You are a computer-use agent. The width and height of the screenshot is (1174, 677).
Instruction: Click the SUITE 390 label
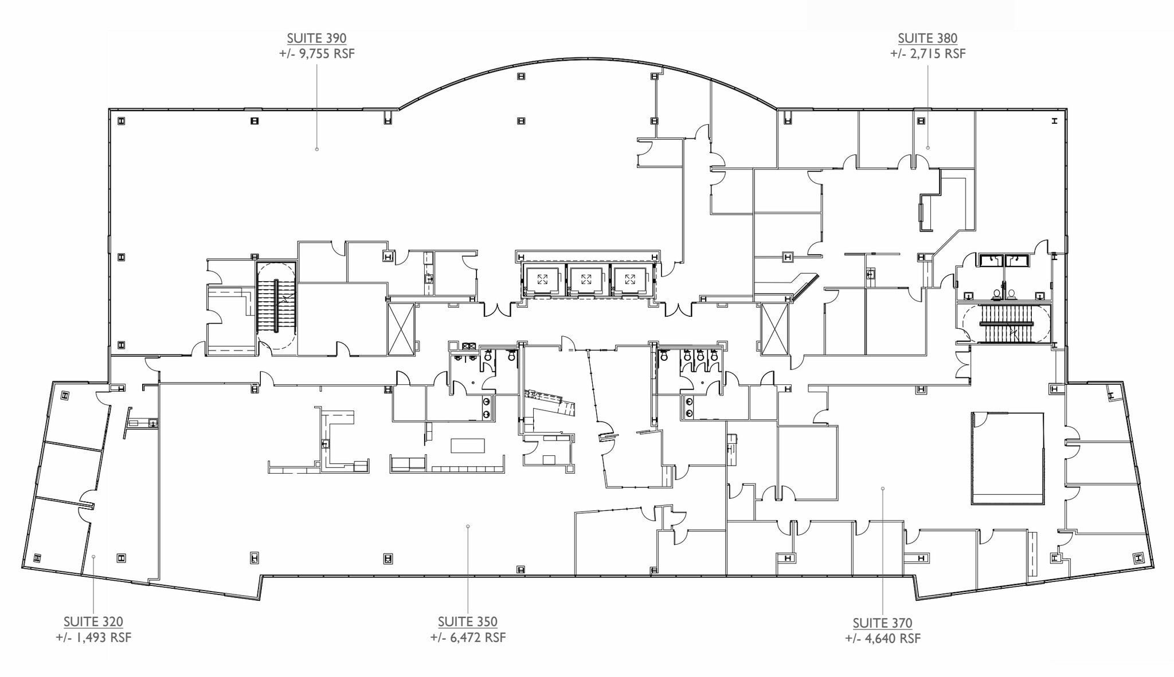click(x=316, y=38)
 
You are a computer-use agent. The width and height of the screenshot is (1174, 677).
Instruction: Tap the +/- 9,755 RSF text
click(x=316, y=54)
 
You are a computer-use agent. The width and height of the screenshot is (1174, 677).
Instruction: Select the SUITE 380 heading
click(x=927, y=38)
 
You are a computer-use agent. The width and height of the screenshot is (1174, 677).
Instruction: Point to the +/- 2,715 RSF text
click(x=927, y=54)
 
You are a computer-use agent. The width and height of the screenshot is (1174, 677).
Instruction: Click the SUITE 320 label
click(x=93, y=621)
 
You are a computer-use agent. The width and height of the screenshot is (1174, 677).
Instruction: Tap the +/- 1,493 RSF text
click(x=93, y=637)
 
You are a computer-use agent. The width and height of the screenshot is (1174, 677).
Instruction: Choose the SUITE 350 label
click(x=467, y=621)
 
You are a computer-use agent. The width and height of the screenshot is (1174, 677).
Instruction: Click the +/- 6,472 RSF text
click(x=467, y=637)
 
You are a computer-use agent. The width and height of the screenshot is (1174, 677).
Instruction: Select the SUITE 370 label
click(x=882, y=623)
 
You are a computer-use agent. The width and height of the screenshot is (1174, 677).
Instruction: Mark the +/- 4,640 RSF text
click(x=882, y=639)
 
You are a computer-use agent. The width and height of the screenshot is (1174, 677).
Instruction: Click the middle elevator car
click(x=586, y=280)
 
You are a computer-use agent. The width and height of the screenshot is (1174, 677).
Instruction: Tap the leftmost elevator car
click(x=542, y=280)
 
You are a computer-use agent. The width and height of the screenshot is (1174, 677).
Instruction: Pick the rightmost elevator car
click(x=630, y=280)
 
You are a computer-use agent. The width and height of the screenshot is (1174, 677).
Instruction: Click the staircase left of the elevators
click(x=276, y=306)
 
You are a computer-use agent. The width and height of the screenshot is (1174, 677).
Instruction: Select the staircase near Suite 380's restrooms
click(x=1007, y=324)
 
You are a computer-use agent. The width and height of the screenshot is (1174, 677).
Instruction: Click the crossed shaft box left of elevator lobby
click(x=401, y=329)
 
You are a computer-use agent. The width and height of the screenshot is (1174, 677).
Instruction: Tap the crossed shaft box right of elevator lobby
click(x=774, y=329)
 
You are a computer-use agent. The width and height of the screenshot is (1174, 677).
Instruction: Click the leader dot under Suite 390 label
click(x=316, y=149)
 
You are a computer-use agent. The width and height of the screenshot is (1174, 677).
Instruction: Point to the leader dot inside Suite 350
click(x=468, y=526)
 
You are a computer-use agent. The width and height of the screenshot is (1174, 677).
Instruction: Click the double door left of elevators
click(x=497, y=310)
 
